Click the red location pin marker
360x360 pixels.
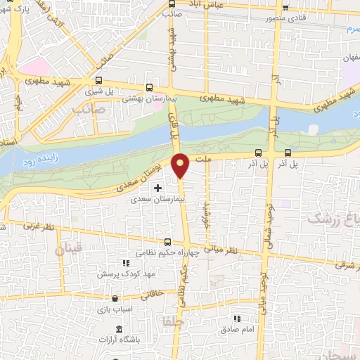click(x=181, y=166)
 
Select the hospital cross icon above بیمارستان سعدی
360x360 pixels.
click(x=157, y=188)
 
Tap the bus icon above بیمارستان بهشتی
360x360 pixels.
click(x=149, y=88)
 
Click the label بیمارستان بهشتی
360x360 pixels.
click(x=143, y=99)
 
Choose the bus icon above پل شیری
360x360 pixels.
click(x=98, y=80)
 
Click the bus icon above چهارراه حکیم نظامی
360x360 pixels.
click(x=166, y=242)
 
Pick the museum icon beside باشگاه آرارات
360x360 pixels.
click(x=118, y=330)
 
